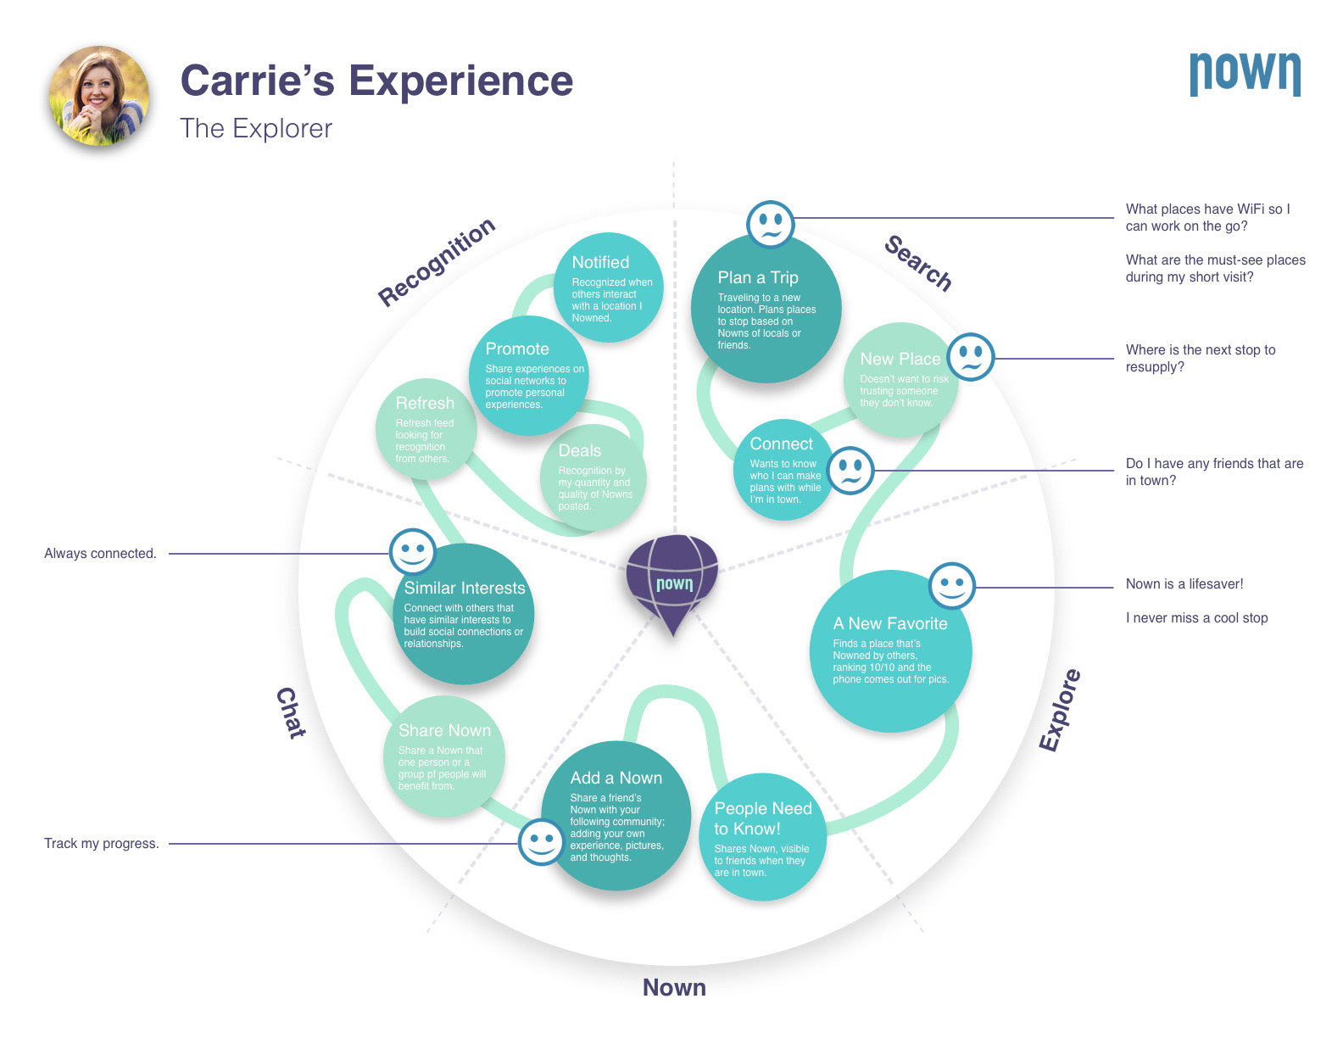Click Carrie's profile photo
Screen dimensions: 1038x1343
click(x=99, y=96)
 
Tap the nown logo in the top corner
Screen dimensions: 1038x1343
click(x=1245, y=74)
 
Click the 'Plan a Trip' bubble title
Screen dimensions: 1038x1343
click(x=758, y=277)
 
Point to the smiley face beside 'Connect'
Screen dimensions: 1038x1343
click(x=850, y=471)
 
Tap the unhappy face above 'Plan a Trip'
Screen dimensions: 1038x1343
click(x=770, y=224)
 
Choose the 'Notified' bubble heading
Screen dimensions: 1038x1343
click(x=600, y=262)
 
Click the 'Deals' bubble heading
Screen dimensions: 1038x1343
click(x=579, y=450)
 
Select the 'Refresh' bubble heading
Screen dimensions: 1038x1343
click(x=425, y=403)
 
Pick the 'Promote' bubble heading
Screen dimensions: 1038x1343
click(x=517, y=349)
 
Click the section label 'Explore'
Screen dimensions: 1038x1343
click(x=1060, y=710)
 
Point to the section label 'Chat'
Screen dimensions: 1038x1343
click(x=291, y=712)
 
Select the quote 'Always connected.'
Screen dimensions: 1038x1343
click(x=100, y=554)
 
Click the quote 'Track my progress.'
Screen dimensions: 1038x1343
click(x=101, y=844)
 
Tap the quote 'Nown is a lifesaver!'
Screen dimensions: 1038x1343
click(x=1184, y=584)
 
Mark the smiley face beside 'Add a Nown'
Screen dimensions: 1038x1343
click(x=541, y=842)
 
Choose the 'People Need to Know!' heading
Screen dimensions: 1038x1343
click(x=762, y=818)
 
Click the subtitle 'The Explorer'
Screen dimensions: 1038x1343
click(x=256, y=128)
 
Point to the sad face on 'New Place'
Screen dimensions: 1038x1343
click(x=971, y=357)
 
